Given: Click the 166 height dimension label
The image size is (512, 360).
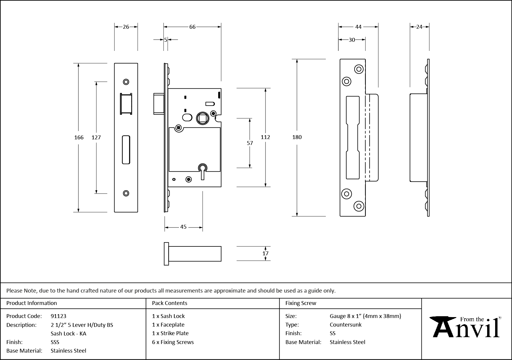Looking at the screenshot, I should click(x=79, y=137).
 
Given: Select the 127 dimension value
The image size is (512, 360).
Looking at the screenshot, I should click(x=96, y=137).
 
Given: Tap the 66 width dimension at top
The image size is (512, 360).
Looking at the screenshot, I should click(x=192, y=27).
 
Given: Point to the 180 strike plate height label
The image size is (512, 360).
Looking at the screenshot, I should click(x=297, y=137).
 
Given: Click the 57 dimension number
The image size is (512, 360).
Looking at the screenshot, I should click(x=250, y=143).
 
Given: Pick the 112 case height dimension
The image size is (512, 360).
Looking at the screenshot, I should click(x=265, y=137).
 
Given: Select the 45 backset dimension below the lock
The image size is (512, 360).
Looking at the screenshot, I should click(x=183, y=227).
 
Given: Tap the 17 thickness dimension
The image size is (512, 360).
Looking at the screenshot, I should click(x=265, y=253).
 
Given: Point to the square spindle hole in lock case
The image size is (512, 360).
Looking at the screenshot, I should click(x=203, y=118).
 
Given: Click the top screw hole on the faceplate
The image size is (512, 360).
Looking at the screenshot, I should click(x=126, y=82).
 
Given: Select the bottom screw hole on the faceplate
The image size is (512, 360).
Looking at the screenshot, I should click(x=126, y=193).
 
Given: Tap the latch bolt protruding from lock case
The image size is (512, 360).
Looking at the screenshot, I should click(x=158, y=104).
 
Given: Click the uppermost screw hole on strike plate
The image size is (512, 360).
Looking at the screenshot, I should click(x=359, y=70).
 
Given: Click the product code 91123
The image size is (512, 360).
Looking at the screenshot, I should click(x=58, y=316).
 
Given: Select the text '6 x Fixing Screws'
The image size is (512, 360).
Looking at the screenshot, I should click(x=173, y=342).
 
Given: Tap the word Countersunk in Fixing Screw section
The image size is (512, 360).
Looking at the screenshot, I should click(x=345, y=325).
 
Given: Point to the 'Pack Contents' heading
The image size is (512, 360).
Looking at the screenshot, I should click(x=169, y=303).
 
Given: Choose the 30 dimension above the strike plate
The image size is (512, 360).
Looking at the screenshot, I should click(x=352, y=40).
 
